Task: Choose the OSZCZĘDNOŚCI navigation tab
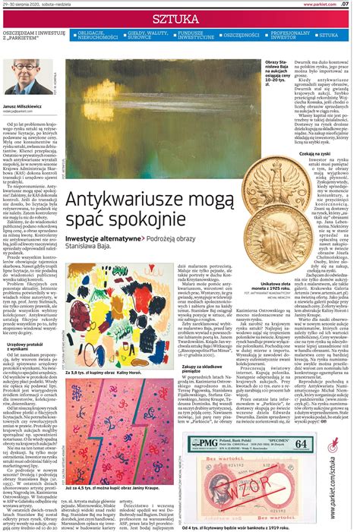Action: click(x=242, y=35)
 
